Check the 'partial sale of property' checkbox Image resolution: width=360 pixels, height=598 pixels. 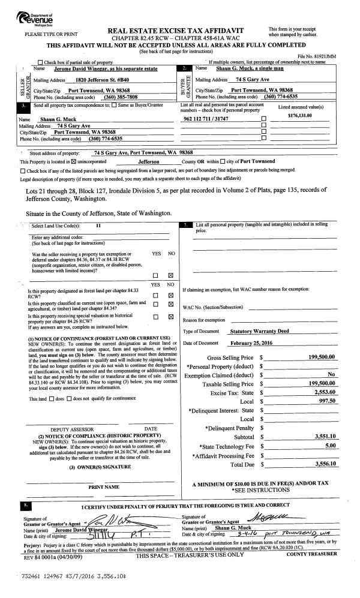[41, 63]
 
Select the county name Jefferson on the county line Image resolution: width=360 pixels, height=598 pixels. [149, 162]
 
